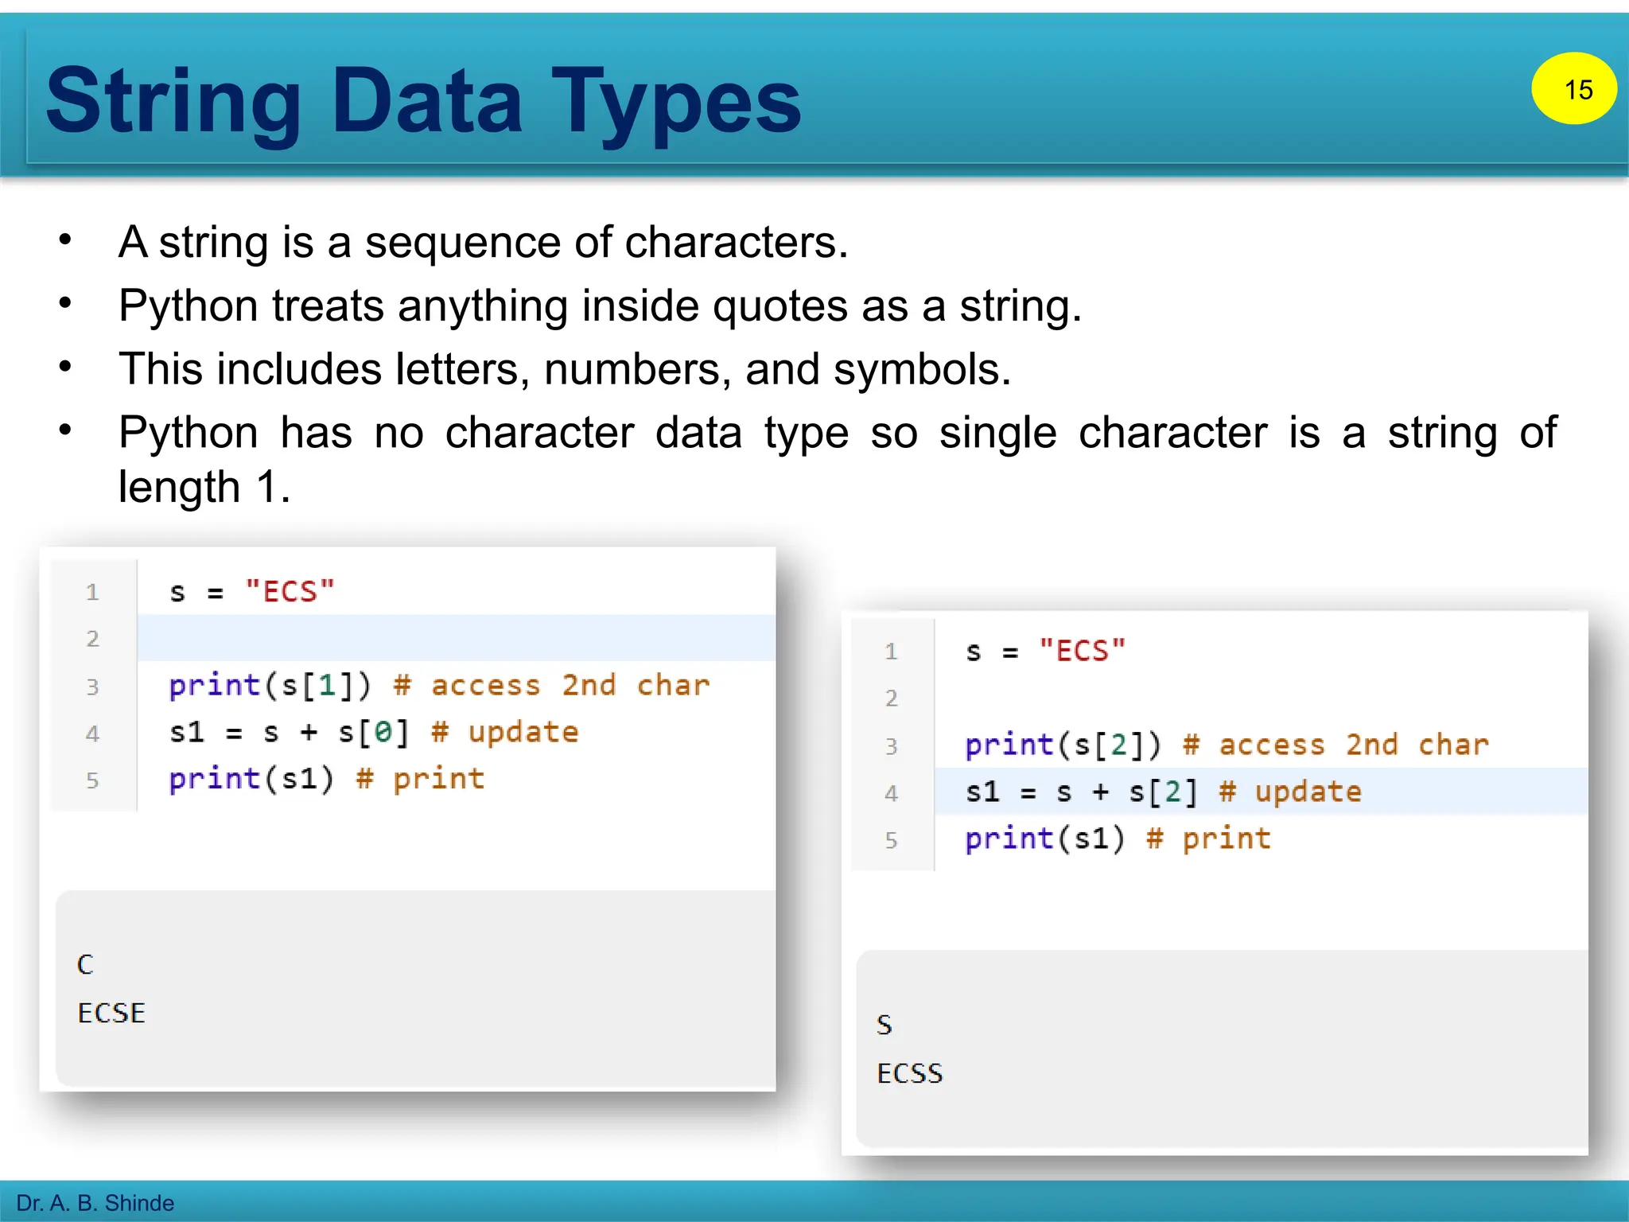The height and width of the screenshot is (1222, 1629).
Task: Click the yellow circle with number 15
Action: pyautogui.click(x=1573, y=88)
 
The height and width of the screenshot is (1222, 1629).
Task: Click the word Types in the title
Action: pyautogui.click(x=676, y=101)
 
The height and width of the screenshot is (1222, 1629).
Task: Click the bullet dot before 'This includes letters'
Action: pyautogui.click(x=65, y=367)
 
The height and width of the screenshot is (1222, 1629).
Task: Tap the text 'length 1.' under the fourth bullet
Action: pyautogui.click(x=204, y=486)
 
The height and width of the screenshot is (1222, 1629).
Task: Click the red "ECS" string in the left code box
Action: pyautogui.click(x=290, y=592)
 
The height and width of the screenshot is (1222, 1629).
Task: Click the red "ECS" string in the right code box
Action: pyautogui.click(x=1083, y=652)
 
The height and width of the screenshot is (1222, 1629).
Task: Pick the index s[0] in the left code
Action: pyautogui.click(x=374, y=732)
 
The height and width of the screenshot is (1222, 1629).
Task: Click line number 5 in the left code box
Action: pyautogui.click(x=92, y=780)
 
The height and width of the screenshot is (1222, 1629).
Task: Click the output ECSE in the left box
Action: pyautogui.click(x=111, y=1013)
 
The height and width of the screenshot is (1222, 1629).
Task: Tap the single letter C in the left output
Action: pyautogui.click(x=85, y=964)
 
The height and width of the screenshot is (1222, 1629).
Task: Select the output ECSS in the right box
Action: pyautogui.click(x=909, y=1073)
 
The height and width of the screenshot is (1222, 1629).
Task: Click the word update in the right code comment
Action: pyautogui.click(x=1308, y=792)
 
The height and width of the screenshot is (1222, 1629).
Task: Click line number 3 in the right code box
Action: pyautogui.click(x=891, y=746)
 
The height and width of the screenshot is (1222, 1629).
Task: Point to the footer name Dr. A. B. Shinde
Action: pyautogui.click(x=95, y=1202)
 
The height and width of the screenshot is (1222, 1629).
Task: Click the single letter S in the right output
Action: pyautogui.click(x=884, y=1025)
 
